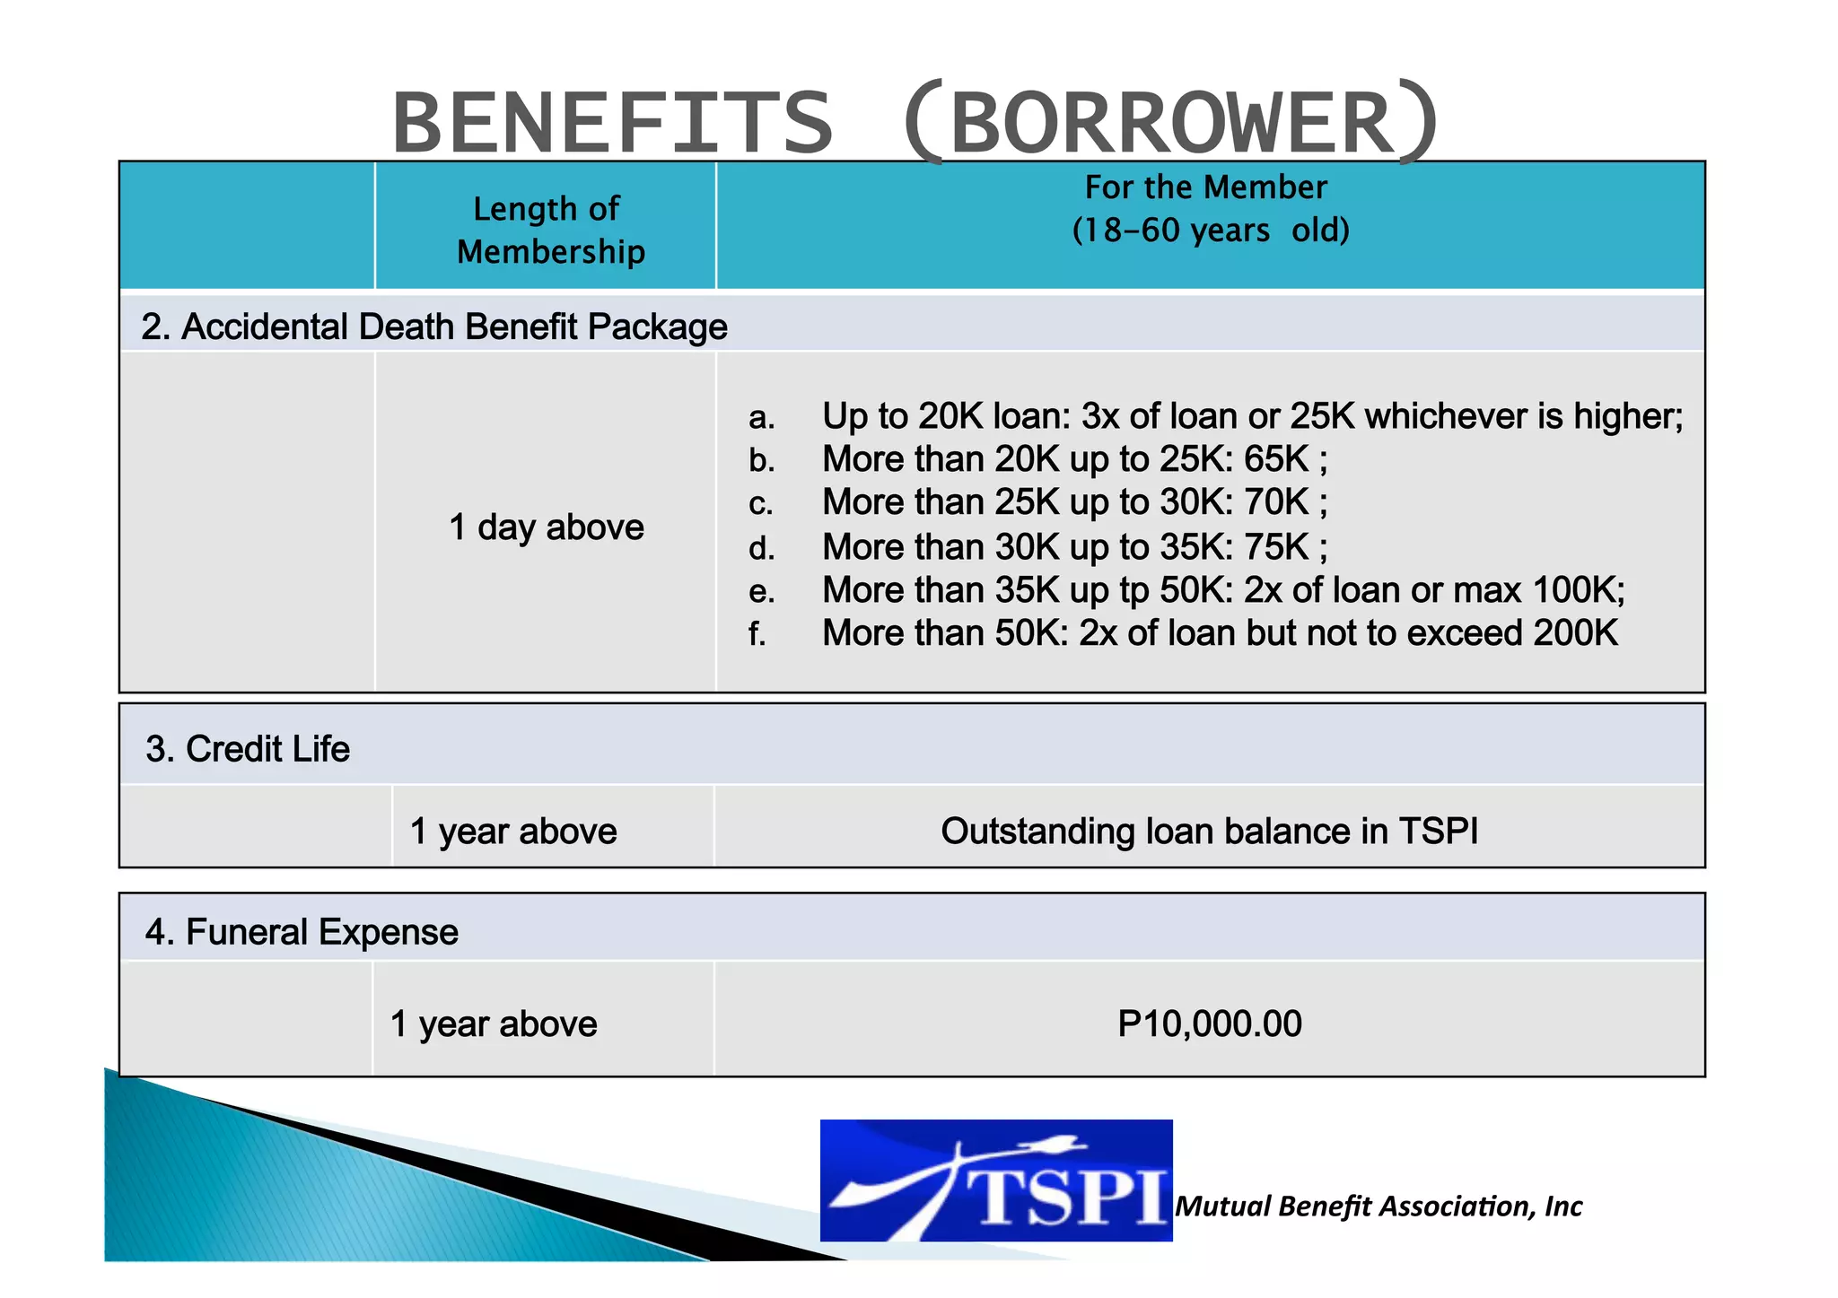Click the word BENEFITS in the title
pyautogui.click(x=613, y=123)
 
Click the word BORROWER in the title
pyautogui.click(x=1171, y=123)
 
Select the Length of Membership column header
pyautogui.click(x=550, y=230)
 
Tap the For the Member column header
pyautogui.click(x=1210, y=209)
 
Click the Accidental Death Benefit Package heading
pyautogui.click(x=434, y=327)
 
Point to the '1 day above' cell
pyautogui.click(x=546, y=527)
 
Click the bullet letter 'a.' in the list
pyautogui.click(x=761, y=417)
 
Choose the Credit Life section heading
pyautogui.click(x=248, y=749)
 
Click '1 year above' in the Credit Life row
pyautogui.click(x=513, y=832)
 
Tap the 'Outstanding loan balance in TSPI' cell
pyautogui.click(x=1209, y=832)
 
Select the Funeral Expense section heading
pyautogui.click(x=302, y=932)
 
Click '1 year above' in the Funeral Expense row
pyautogui.click(x=494, y=1024)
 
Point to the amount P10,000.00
pyautogui.click(x=1209, y=1024)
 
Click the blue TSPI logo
pyautogui.click(x=995, y=1180)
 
